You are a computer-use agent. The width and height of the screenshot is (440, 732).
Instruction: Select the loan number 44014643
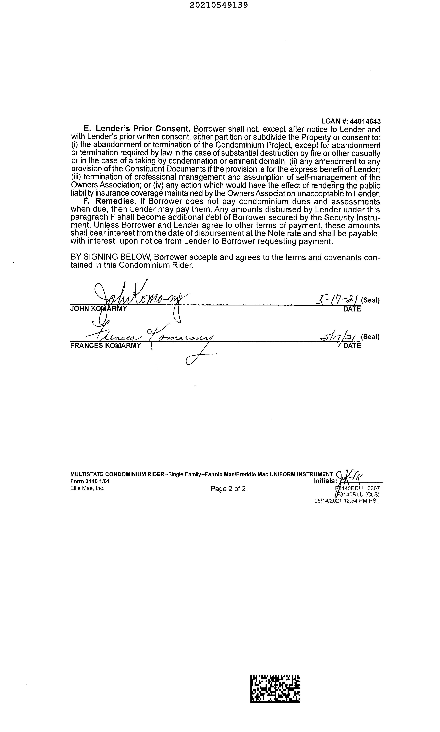365,121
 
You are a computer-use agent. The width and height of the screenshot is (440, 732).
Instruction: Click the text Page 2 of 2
228,489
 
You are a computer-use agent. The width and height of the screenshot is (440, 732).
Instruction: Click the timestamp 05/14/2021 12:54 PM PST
347,500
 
